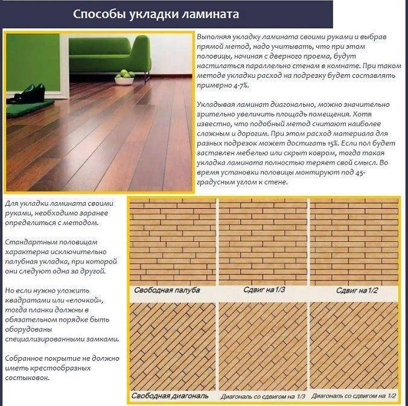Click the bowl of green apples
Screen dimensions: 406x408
click(124, 77)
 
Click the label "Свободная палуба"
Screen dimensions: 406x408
click(167, 291)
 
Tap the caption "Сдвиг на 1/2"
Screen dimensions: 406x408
click(356, 291)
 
